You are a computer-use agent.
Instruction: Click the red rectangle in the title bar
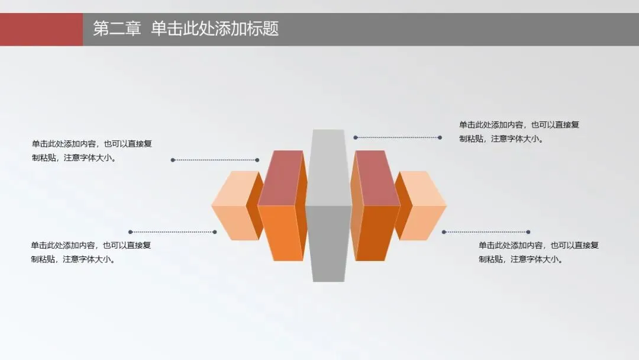(41, 29)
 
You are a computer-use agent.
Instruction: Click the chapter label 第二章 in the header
(117, 29)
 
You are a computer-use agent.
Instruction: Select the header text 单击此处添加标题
(215, 29)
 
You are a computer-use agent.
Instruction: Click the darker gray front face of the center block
(328, 243)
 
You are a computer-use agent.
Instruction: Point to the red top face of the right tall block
(376, 178)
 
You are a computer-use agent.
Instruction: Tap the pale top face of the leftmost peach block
(235, 188)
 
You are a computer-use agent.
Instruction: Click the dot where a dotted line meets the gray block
(356, 137)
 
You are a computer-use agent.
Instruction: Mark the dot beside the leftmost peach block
(215, 232)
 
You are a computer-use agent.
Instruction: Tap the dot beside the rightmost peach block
(444, 232)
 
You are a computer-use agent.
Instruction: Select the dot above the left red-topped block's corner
(257, 160)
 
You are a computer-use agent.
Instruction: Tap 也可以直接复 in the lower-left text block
(127, 245)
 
